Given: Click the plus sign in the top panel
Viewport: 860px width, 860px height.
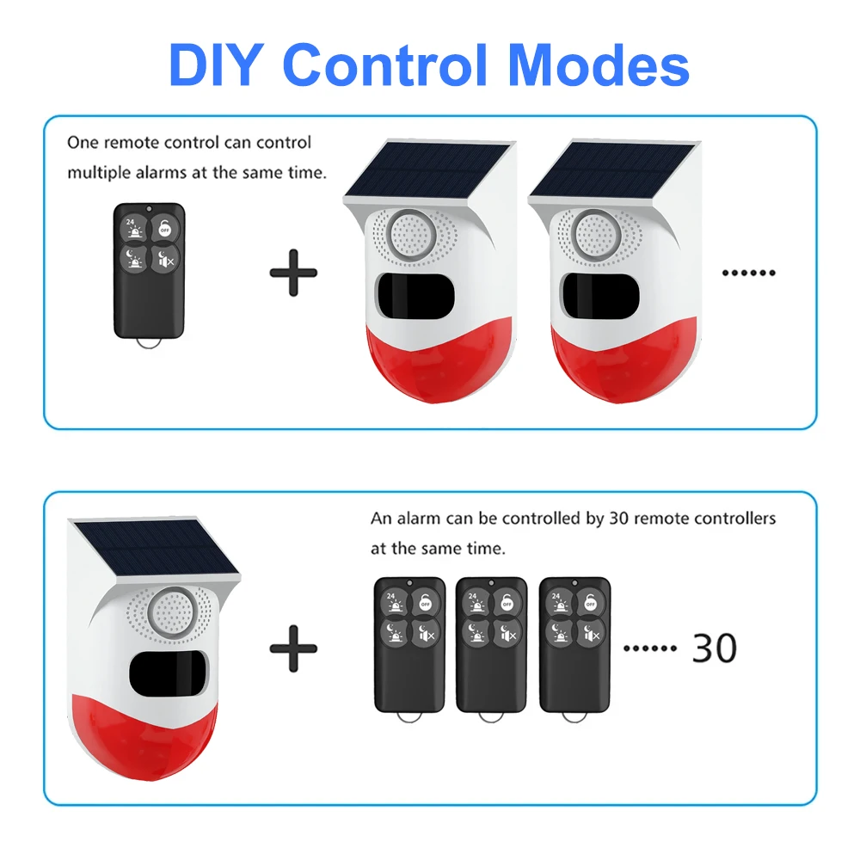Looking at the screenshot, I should (x=293, y=273).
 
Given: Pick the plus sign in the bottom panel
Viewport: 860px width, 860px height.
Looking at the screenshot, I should (x=293, y=648).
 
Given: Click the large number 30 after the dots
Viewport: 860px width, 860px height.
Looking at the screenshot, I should (x=714, y=648).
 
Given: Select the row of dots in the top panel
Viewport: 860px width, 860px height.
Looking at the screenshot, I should (x=748, y=273).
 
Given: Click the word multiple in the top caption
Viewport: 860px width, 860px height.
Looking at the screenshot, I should (x=98, y=172).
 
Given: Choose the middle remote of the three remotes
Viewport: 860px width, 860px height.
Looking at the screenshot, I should (x=491, y=645).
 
